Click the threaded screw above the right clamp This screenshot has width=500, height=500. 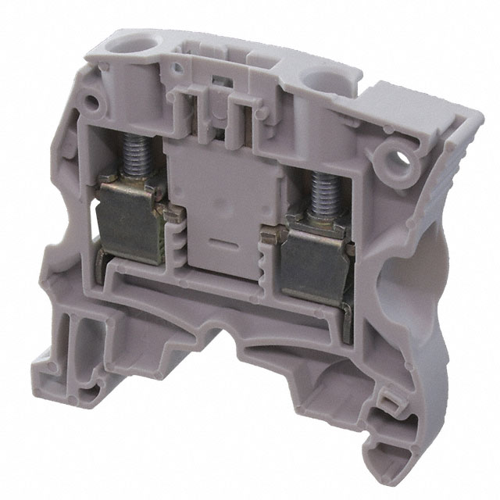[x=320, y=194]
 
